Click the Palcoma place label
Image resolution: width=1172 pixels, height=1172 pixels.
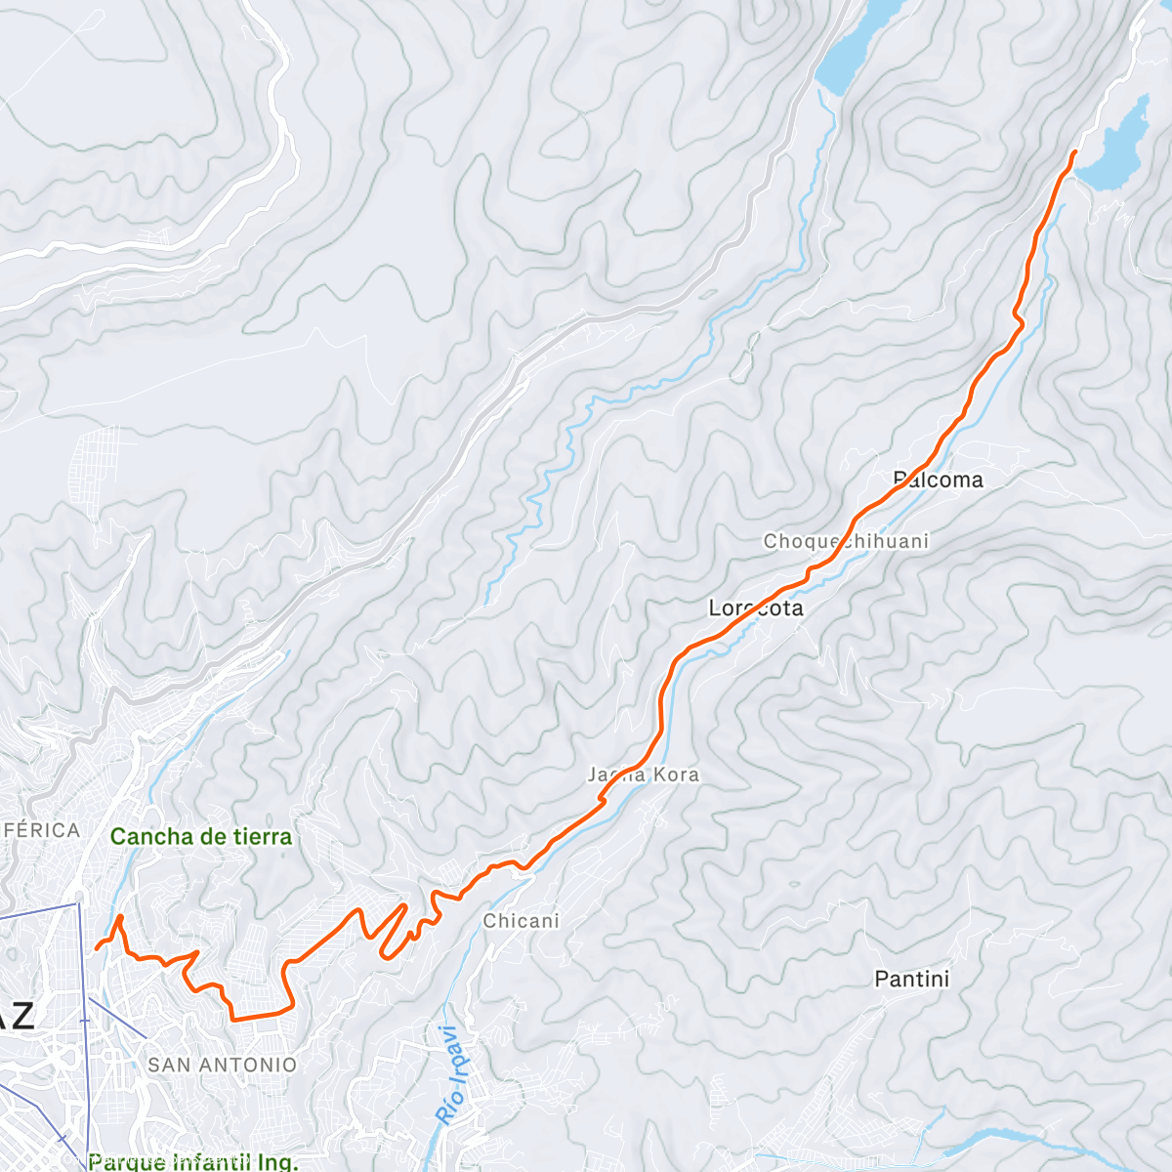[938, 480]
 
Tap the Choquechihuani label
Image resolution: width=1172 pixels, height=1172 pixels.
[846, 541]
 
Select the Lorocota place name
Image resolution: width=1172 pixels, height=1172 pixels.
[756, 608]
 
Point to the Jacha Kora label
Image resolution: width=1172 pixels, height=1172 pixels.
[644, 774]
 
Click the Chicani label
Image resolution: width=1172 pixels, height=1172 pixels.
[522, 921]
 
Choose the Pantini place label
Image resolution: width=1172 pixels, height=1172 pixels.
[911, 979]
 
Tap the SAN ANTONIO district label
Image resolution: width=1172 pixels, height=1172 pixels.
[222, 1065]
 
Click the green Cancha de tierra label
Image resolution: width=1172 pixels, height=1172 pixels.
[201, 837]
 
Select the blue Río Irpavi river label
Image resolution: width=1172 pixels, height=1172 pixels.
[450, 1074]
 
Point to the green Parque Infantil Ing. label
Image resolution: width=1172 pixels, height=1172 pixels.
[192, 1161]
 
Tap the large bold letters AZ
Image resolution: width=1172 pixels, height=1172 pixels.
[18, 1016]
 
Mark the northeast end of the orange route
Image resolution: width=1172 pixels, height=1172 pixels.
[1074, 152]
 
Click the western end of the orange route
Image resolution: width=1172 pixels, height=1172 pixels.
[97, 947]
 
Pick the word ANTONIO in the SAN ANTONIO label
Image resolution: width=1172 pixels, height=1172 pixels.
[251, 1065]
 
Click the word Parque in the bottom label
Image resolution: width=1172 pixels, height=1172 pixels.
[126, 1161]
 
